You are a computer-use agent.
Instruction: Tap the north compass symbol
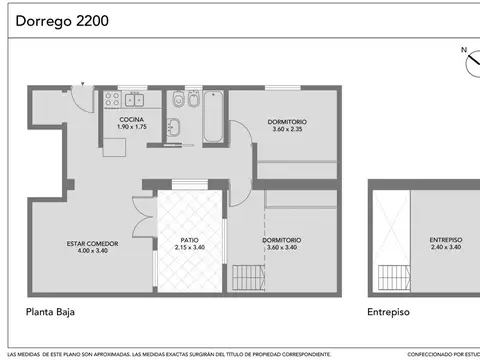471,62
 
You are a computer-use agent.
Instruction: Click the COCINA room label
132,120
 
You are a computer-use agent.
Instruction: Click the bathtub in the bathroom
213,118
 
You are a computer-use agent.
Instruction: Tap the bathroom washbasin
173,126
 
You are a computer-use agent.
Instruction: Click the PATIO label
189,240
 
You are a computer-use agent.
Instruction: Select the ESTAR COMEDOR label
93,243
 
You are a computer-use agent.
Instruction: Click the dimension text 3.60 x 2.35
287,130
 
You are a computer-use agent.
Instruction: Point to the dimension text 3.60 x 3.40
282,247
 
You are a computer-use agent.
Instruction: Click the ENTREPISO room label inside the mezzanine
445,240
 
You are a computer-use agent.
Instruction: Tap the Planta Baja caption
50,311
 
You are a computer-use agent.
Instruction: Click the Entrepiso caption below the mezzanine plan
389,311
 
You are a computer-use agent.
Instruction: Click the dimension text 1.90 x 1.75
132,128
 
